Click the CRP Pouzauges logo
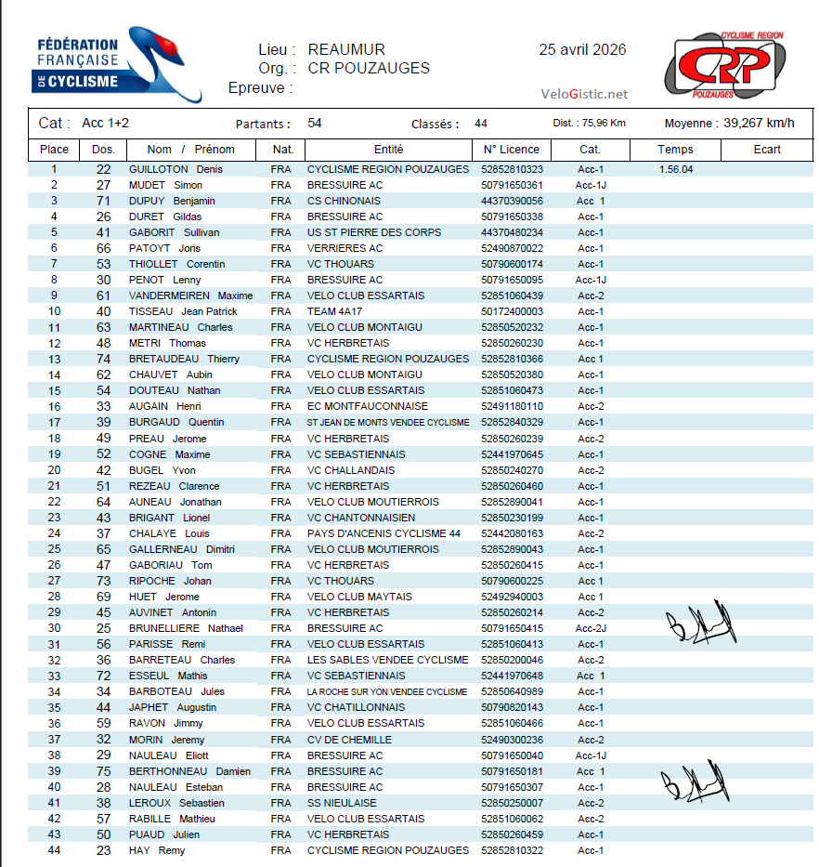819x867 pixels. coord(725,66)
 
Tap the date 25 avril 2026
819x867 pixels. coord(582,50)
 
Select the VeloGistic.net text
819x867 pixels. coord(584,94)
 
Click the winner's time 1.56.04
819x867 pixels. coord(675,169)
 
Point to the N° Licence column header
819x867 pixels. coord(511,149)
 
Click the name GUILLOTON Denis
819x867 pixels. coord(175,169)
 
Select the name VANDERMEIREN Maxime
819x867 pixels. coord(190,296)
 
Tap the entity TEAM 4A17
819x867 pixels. coord(337,311)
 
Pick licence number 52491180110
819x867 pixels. coord(513,406)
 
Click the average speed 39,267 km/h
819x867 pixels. coord(759,123)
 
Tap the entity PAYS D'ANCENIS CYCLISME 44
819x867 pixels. coord(383,533)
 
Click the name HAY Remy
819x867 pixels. coord(157,850)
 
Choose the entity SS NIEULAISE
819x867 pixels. coord(342,803)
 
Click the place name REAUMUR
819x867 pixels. coord(346,50)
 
